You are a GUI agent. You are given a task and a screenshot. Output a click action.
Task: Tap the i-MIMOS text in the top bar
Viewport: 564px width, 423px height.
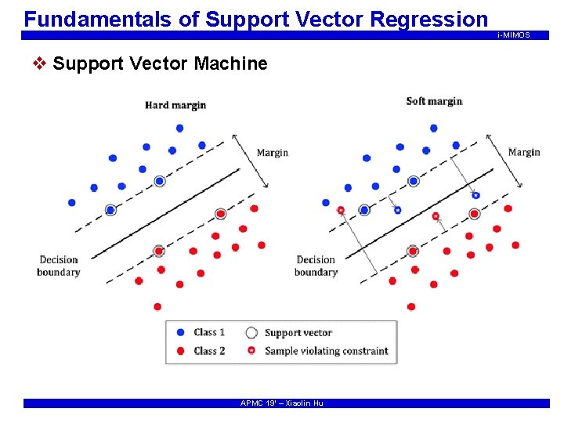point(513,35)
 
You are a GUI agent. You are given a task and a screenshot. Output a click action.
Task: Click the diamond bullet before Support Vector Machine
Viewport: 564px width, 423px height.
point(42,63)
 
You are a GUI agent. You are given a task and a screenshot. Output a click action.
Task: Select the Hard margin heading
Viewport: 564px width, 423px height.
point(175,105)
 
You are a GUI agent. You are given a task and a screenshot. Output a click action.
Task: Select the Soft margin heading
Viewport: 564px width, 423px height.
point(434,101)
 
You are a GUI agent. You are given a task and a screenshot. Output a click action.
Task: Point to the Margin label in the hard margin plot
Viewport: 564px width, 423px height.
point(273,153)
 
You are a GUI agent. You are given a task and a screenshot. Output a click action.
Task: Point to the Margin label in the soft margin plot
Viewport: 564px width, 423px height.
point(523,152)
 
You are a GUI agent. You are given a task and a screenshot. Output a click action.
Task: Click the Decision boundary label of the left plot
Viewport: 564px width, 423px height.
point(58,266)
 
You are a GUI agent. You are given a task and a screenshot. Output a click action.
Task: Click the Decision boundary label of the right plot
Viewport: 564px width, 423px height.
point(316,266)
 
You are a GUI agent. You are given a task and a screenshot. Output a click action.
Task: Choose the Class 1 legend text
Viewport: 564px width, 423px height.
point(209,332)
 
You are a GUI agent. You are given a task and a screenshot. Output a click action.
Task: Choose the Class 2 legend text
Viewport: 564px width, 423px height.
point(209,351)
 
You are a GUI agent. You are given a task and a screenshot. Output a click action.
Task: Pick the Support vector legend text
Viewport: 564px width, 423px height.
point(298,333)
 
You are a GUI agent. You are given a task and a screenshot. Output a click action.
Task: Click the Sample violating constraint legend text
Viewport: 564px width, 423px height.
point(326,351)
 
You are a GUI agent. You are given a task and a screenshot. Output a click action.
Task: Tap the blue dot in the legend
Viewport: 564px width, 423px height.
point(181,332)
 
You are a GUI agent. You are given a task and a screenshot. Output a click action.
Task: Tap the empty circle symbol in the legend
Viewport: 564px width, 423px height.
point(251,333)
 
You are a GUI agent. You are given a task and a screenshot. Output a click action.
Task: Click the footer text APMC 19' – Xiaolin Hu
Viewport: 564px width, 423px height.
point(281,403)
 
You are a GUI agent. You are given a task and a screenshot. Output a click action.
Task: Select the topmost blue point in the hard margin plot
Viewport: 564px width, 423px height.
point(179,128)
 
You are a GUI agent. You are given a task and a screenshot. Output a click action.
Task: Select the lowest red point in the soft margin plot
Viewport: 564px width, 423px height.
point(411,306)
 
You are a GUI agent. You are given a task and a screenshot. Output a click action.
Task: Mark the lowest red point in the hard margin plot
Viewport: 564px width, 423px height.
point(157,306)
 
